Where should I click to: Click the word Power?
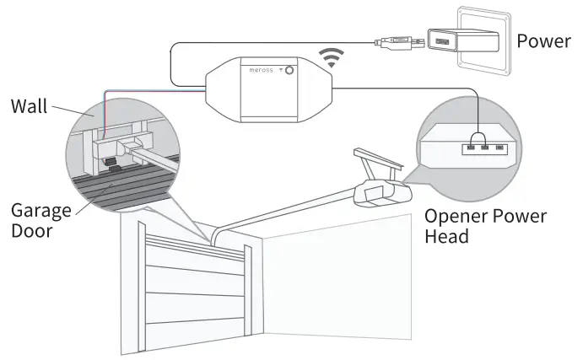[x=543, y=40]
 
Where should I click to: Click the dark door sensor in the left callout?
[x=109, y=162]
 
